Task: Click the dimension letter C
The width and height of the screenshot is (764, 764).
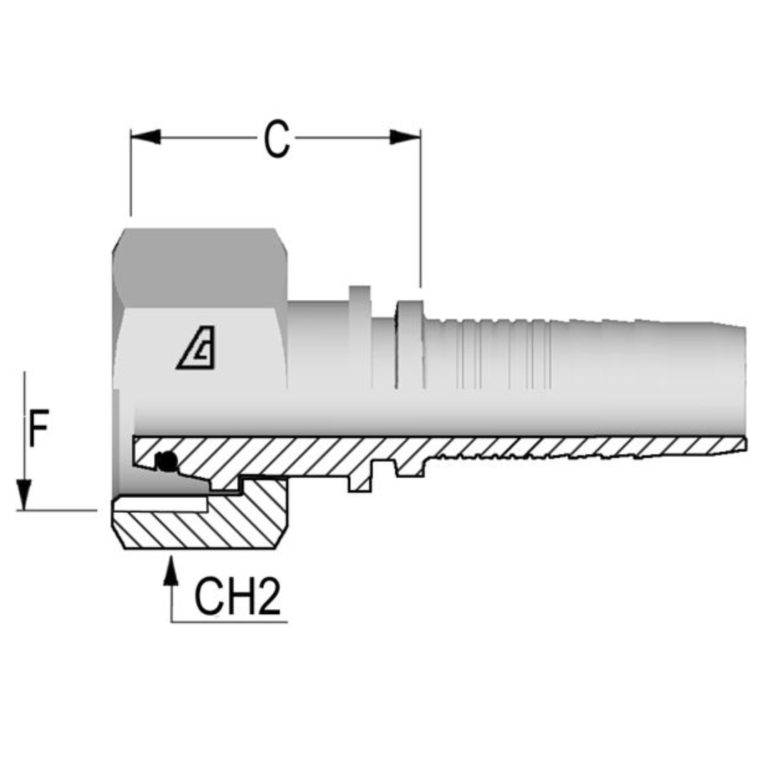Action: (277, 139)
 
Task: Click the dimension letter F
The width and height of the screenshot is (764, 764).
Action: (40, 430)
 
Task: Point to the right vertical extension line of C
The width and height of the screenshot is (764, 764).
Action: (421, 212)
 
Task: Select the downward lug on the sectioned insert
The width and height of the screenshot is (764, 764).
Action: (360, 480)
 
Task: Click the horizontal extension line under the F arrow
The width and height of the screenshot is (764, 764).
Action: (57, 509)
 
